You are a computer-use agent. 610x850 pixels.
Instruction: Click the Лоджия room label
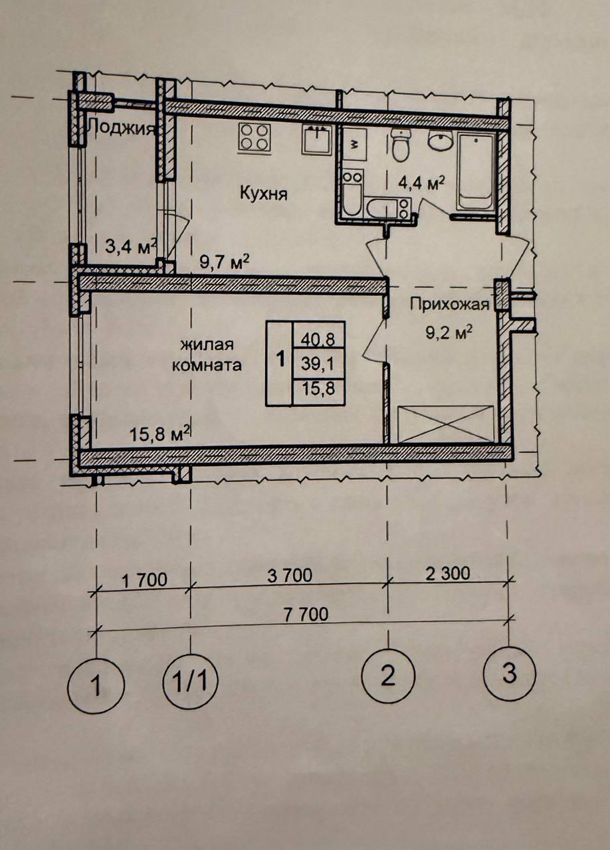(x=121, y=127)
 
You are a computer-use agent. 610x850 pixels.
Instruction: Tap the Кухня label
(x=264, y=195)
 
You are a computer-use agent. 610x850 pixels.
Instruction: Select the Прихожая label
(x=449, y=304)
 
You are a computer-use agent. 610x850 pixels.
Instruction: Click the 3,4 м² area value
(x=131, y=247)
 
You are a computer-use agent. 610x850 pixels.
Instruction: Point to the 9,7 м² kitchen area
(x=225, y=262)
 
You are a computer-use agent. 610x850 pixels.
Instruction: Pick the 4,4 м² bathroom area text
(x=421, y=184)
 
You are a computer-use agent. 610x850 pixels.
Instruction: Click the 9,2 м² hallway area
(x=449, y=334)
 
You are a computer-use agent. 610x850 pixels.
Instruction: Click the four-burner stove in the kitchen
(x=254, y=137)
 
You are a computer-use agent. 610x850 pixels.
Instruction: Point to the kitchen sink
(x=317, y=139)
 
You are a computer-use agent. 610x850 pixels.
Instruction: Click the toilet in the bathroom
(x=401, y=145)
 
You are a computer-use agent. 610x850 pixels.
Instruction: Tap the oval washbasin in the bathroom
(x=441, y=140)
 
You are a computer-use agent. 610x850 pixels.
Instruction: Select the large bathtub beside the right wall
(x=476, y=171)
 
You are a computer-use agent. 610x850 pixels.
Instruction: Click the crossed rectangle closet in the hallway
(x=445, y=424)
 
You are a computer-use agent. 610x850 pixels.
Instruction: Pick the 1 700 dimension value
(x=145, y=580)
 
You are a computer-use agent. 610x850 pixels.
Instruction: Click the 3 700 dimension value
(x=290, y=575)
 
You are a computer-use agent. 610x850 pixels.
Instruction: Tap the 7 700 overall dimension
(x=306, y=615)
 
